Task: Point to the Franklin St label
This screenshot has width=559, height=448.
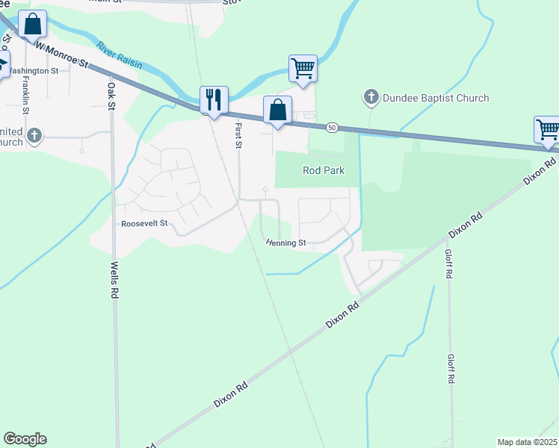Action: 25,95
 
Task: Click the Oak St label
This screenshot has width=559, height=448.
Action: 111,96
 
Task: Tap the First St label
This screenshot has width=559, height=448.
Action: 238,135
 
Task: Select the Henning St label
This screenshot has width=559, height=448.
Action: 286,243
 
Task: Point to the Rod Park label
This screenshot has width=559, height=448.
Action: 324,170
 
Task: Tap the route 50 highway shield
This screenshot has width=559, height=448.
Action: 332,128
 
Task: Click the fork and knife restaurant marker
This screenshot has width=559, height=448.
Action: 214,99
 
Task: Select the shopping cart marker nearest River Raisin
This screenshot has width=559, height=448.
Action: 303,69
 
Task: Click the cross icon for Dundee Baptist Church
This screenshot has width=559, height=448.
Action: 371,97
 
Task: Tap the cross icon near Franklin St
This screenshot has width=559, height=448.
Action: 34,135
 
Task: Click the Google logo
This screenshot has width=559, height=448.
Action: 25,439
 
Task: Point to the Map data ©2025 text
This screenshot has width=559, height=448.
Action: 527,442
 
